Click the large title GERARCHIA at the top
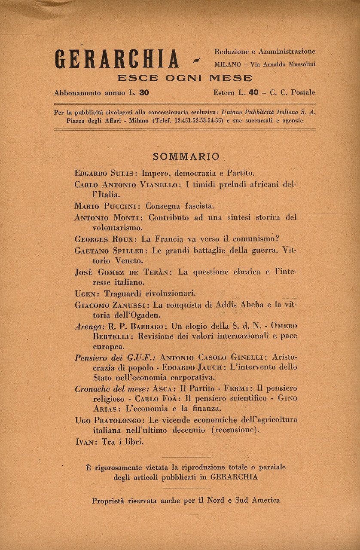pyautogui.click(x=117, y=59)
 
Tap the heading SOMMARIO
pyautogui.click(x=186, y=156)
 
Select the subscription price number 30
pyautogui.click(x=144, y=92)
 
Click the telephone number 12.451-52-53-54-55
pyautogui.click(x=199, y=121)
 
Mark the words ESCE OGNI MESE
pyautogui.click(x=185, y=78)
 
